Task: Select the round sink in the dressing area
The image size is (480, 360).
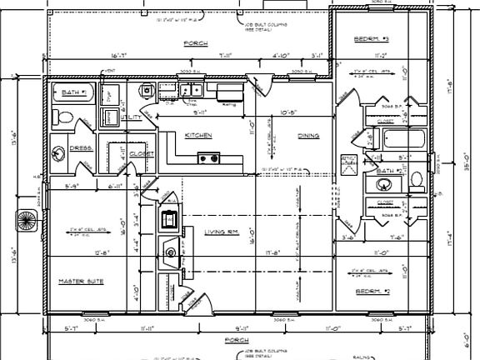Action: click(57, 153)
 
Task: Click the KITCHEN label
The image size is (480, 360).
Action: click(197, 134)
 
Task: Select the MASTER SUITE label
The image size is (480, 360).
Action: click(81, 282)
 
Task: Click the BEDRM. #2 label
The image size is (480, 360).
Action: click(372, 290)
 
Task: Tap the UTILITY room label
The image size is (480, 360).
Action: click(131, 117)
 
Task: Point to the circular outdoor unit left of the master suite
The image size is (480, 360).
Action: click(26, 222)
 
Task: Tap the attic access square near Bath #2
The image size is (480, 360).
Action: click(347, 161)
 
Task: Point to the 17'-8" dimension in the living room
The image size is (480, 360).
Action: click(269, 252)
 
